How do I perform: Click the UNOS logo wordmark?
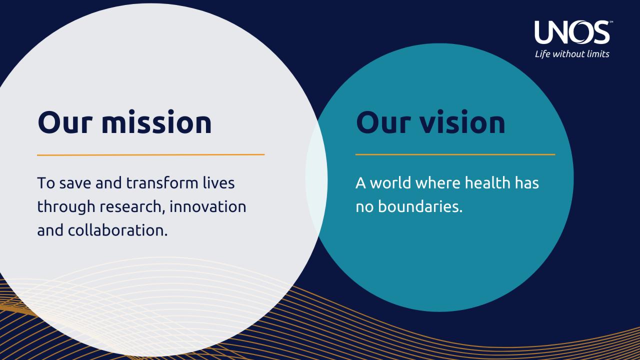(x=571, y=32)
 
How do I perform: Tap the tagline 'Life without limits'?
(x=572, y=54)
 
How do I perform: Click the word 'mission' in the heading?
(x=156, y=122)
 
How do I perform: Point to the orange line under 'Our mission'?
(x=150, y=155)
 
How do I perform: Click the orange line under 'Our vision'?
(x=455, y=154)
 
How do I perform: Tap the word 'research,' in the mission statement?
(x=132, y=206)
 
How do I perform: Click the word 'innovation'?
(x=207, y=206)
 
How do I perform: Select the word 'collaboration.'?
(x=117, y=230)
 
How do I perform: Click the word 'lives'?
(x=218, y=183)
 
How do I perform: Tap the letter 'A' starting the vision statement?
(x=360, y=183)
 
